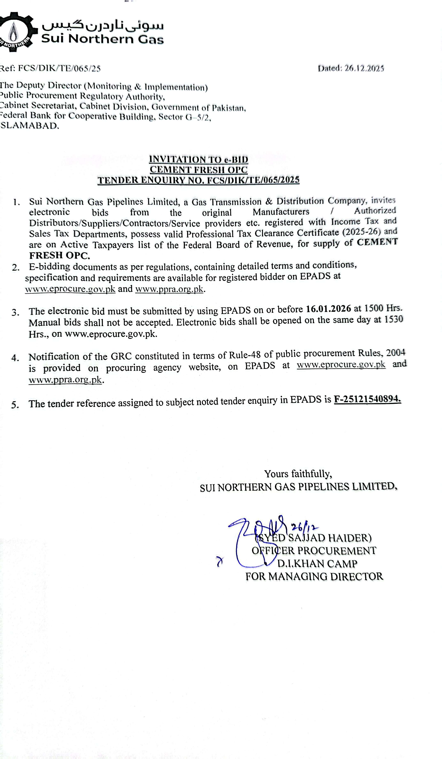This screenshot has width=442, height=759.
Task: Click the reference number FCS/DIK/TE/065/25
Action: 59,68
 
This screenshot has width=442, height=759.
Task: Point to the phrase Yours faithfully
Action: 298,474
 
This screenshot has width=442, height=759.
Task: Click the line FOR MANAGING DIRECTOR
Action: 314,576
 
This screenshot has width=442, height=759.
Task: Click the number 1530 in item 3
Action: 394,319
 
